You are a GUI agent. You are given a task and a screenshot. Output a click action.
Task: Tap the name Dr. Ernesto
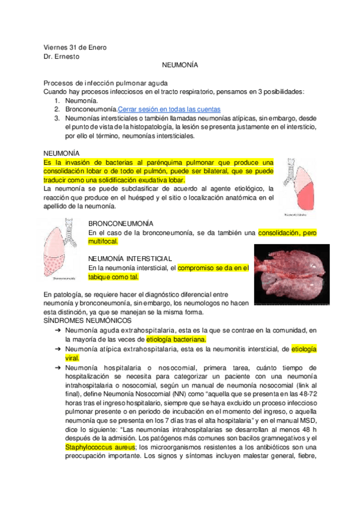pyautogui.click(x=62, y=57)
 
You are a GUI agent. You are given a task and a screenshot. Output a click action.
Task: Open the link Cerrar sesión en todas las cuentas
pyautogui.click(x=169, y=109)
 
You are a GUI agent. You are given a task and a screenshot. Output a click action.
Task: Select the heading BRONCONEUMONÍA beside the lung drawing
pyautogui.click(x=120, y=223)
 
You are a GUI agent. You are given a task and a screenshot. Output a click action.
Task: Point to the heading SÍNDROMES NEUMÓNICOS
pyautogui.click(x=87, y=321)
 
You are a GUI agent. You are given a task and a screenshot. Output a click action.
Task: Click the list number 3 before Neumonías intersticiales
pyautogui.click(x=56, y=118)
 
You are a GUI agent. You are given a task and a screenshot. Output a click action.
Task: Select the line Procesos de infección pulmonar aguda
pyautogui.click(x=106, y=82)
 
